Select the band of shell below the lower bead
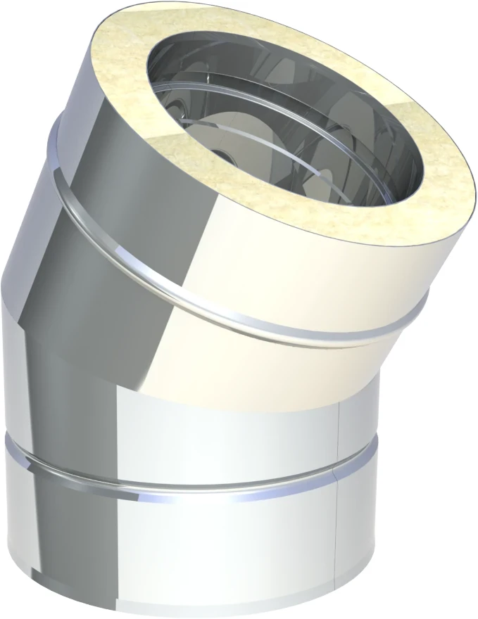(x=211, y=549)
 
